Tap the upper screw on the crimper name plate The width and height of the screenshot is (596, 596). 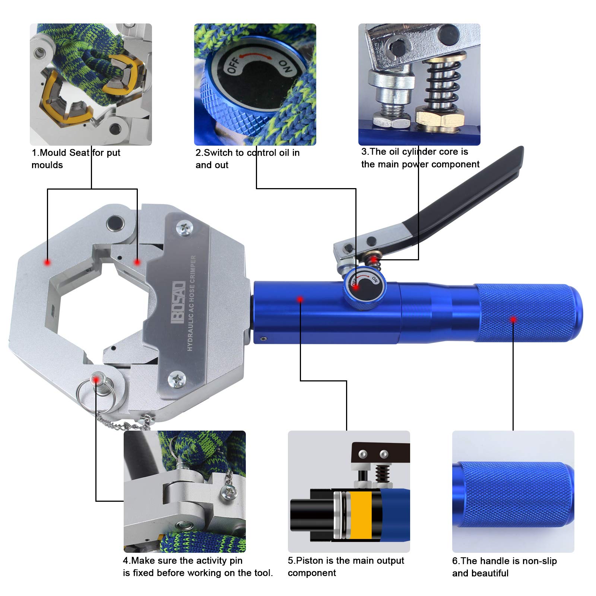coord(185,228)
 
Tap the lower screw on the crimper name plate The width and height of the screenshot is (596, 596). coord(177,380)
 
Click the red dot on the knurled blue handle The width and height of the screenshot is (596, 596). coord(513,319)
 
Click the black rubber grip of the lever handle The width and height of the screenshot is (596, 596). coord(469,194)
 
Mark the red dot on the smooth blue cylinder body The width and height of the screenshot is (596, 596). coord(300,299)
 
